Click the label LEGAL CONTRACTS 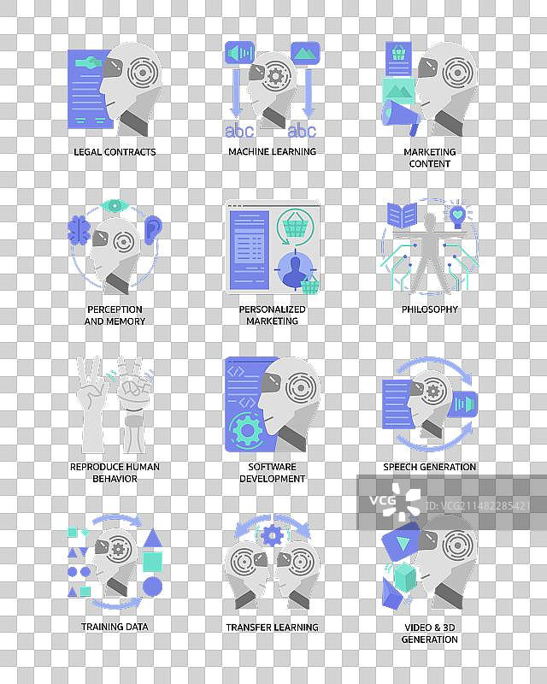[115, 152]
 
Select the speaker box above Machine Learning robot [239, 53]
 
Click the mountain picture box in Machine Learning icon [305, 53]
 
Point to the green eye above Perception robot [115, 205]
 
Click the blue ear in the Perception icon [153, 229]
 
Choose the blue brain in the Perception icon [79, 230]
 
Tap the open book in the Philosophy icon [402, 215]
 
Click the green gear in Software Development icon [247, 431]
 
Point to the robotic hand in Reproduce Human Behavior [134, 404]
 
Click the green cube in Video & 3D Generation [405, 576]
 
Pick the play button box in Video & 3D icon [401, 542]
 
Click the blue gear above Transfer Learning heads [272, 535]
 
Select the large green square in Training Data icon [152, 562]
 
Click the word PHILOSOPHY [430, 310]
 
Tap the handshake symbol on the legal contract [88, 62]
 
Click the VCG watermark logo [395, 501]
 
